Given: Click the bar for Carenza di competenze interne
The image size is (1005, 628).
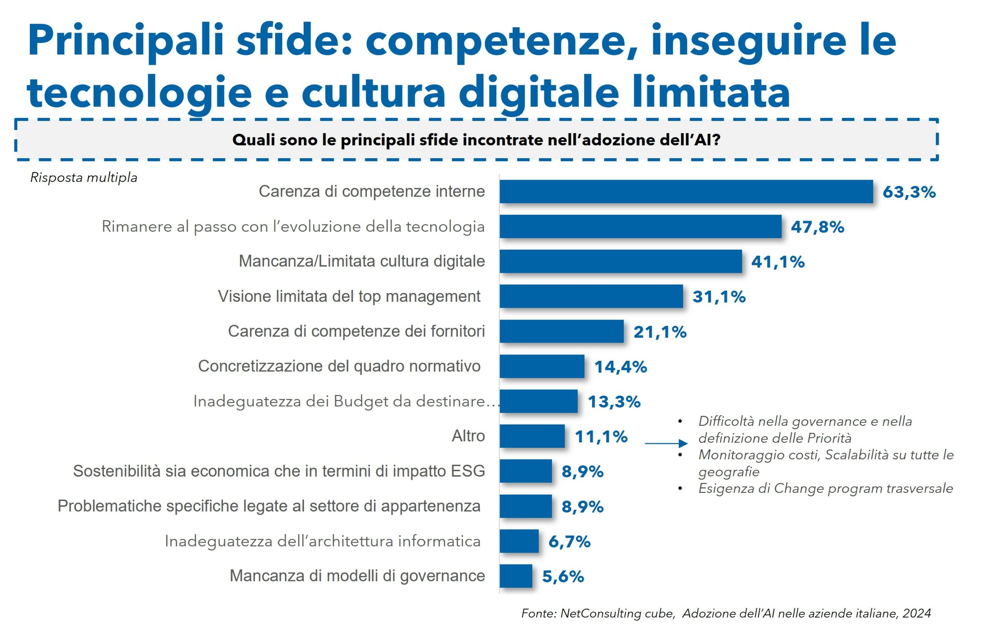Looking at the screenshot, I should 686,192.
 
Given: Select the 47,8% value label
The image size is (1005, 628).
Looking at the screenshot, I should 817,227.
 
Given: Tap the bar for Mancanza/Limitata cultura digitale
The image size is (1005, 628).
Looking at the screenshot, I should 620,261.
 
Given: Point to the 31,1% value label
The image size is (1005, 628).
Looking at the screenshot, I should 718,297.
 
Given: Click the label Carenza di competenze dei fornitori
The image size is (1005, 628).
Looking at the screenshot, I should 356,331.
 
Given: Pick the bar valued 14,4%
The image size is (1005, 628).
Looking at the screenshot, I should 541,366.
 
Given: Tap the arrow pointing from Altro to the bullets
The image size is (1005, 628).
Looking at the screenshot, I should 666,444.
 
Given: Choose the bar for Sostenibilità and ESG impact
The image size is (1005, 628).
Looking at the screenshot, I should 525,471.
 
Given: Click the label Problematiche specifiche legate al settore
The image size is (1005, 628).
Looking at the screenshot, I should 269,506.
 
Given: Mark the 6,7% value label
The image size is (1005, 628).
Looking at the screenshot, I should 569,542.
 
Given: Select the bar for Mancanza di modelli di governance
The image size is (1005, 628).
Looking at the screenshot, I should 515,576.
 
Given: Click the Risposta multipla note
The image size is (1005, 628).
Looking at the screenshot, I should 84,177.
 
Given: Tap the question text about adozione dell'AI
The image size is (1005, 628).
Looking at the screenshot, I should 476,140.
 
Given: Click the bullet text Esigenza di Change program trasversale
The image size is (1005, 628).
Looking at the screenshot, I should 825,488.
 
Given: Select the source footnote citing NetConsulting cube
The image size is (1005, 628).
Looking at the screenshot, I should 726,613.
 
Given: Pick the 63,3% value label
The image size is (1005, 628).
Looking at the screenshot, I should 909,192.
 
